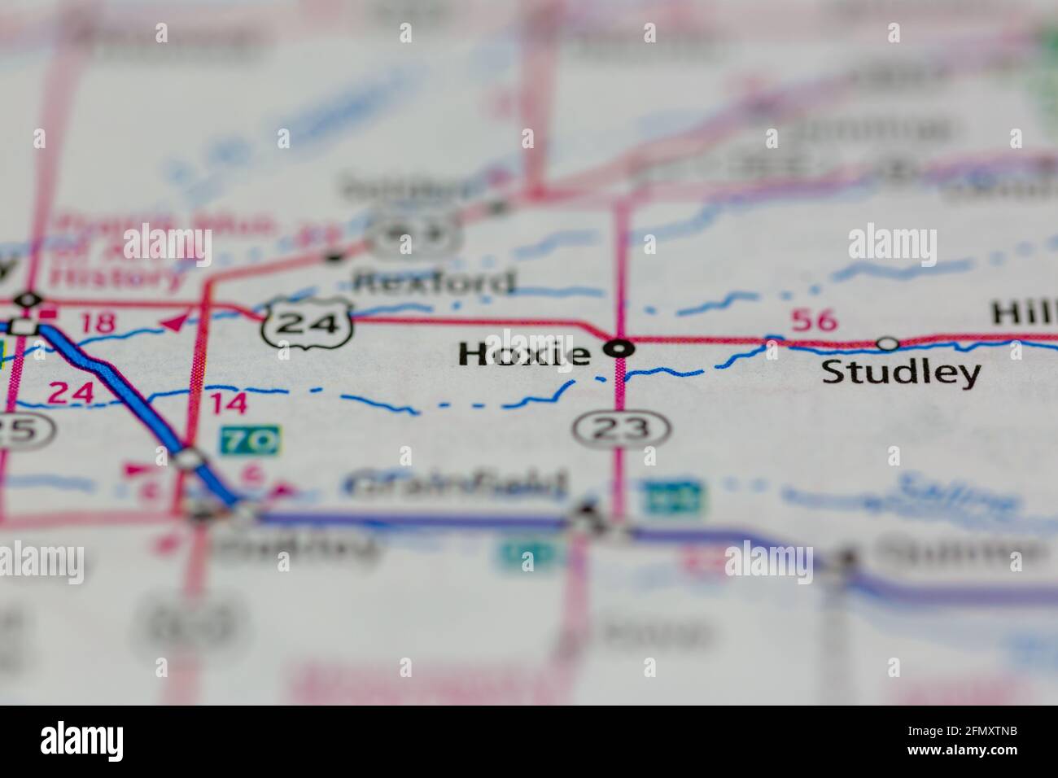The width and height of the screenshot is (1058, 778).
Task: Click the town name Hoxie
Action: tap(524, 354)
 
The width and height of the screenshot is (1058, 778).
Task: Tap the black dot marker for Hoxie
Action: tap(622, 349)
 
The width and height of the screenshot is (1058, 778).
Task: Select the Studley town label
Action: tap(900, 374)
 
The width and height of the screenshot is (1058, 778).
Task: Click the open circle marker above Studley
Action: tap(887, 343)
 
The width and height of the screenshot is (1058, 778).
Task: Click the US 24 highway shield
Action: tap(306, 324)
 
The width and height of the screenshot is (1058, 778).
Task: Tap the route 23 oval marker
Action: tap(621, 426)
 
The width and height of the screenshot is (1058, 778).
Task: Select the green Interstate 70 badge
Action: tap(250, 441)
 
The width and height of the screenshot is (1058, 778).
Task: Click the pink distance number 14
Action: tap(227, 404)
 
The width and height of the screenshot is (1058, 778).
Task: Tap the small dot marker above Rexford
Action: tap(333, 258)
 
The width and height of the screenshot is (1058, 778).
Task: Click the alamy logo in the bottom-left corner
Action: tap(82, 741)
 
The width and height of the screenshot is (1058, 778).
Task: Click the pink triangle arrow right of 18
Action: tap(173, 323)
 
